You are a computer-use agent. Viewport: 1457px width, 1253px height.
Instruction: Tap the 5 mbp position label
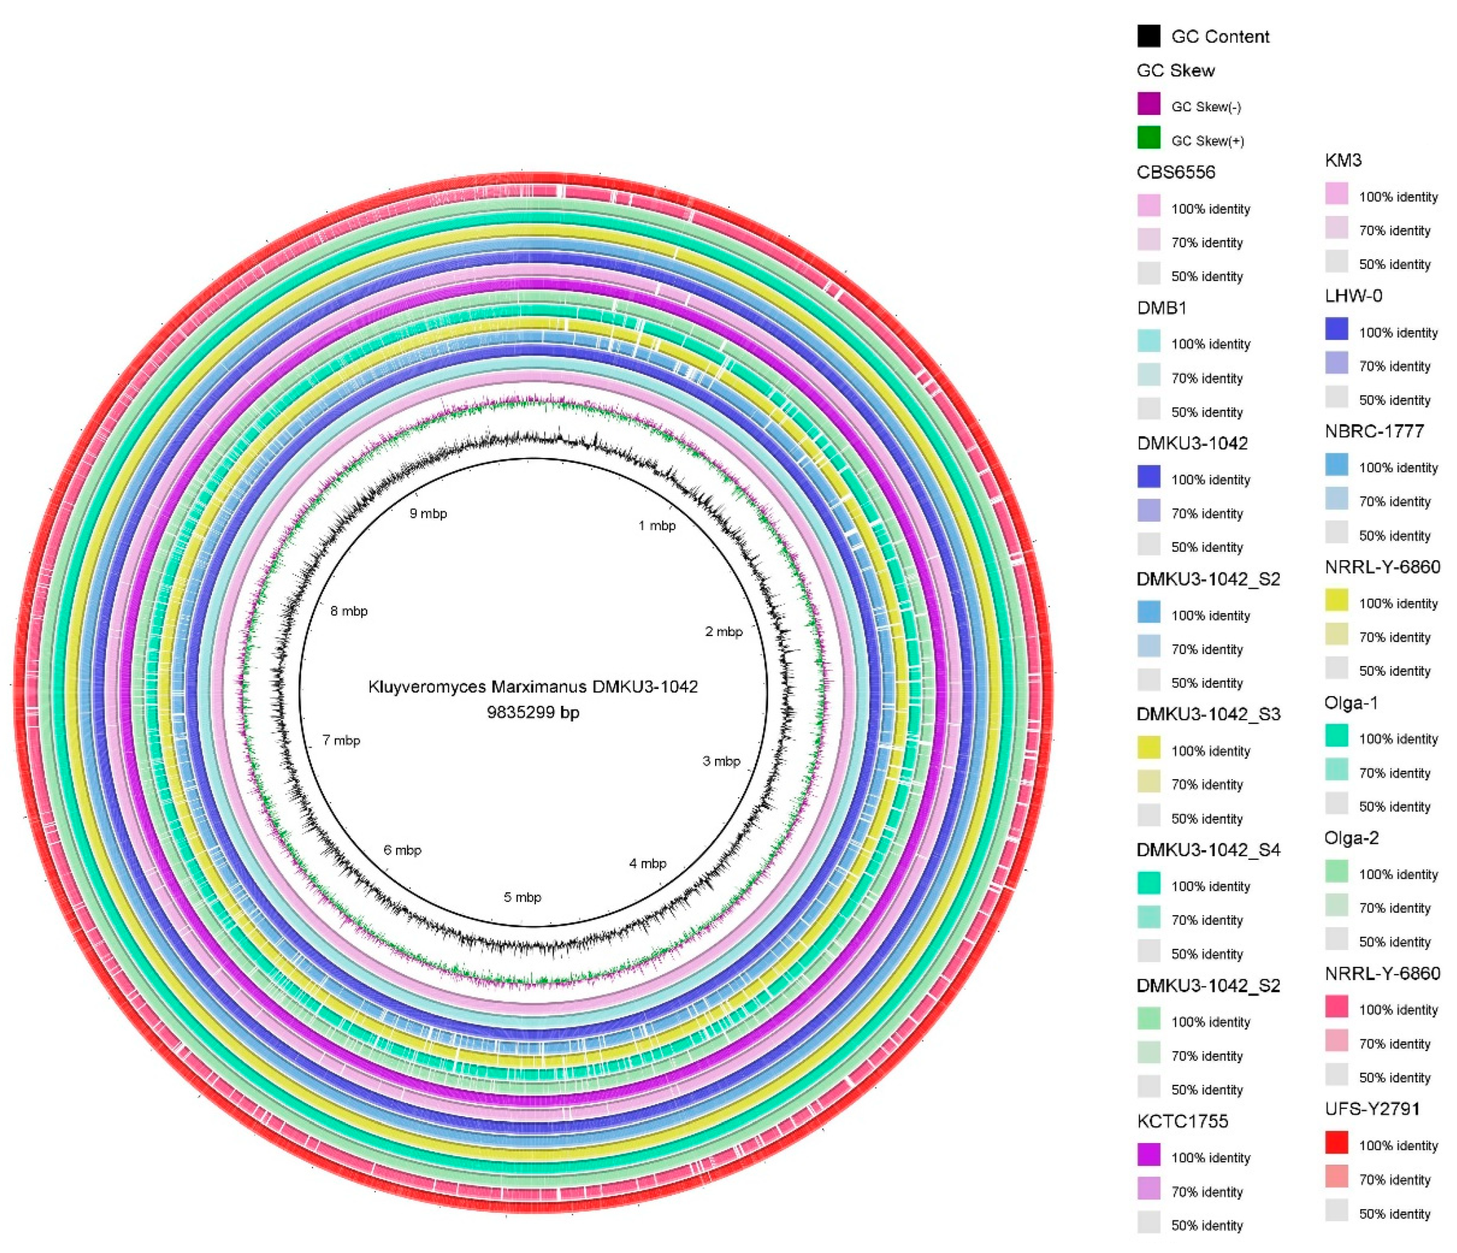[523, 897]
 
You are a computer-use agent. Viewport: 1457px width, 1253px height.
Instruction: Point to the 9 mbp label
[428, 513]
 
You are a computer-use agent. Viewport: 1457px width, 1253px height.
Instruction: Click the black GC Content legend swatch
[1148, 36]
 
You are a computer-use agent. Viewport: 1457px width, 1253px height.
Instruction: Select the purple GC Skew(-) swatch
[1148, 104]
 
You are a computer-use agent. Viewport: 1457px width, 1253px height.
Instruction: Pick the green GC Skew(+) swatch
[1148, 138]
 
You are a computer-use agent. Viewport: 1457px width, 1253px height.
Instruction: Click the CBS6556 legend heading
[1176, 172]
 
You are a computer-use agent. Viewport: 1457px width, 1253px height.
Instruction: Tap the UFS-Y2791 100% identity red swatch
[1336, 1143]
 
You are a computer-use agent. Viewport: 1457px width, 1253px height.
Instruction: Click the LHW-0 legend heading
[1353, 295]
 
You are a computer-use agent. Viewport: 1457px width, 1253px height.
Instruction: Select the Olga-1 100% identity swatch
[1336, 736]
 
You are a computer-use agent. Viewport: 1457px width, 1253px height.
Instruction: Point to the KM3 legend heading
[1343, 160]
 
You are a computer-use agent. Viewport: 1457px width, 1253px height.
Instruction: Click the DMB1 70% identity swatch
[1148, 375]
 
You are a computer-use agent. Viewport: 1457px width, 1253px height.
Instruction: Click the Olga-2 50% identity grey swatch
[1336, 939]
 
